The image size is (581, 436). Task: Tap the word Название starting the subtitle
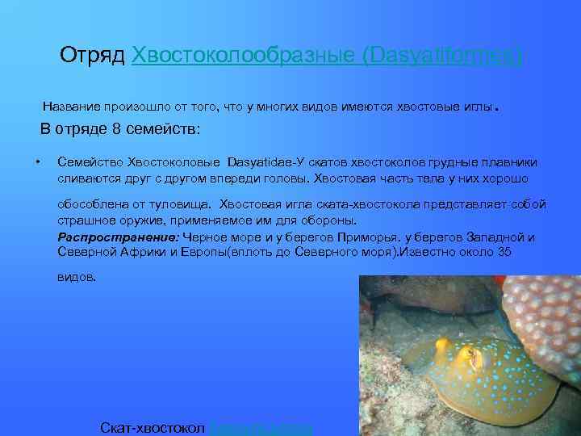pos(73,107)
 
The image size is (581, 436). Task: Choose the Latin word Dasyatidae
pos(263,162)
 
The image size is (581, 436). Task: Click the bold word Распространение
pos(119,237)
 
